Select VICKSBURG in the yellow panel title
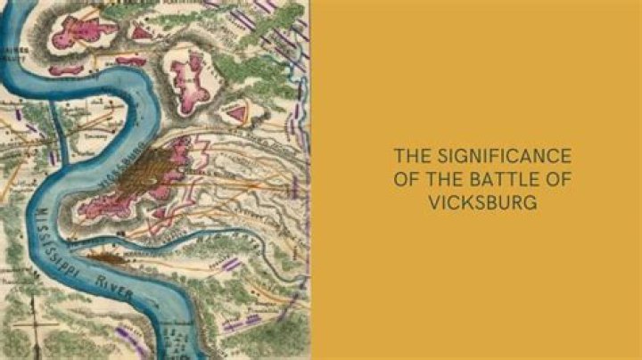[x=482, y=201]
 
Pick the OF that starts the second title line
[x=407, y=178]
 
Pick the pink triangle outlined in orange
[x=236, y=112]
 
